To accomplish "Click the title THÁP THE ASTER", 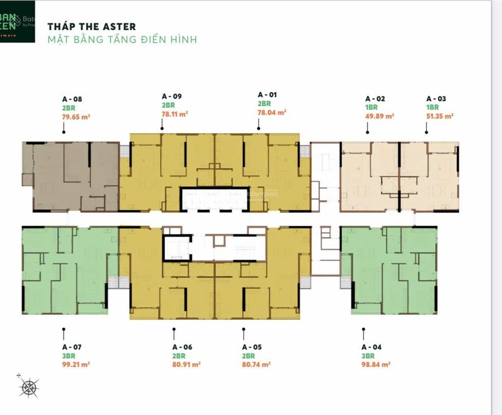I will click(92, 27).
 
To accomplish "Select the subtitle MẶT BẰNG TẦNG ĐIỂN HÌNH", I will click(122, 39).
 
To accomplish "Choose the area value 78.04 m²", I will click(272, 112).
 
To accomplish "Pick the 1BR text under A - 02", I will click(371, 107).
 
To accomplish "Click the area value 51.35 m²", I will click(440, 116).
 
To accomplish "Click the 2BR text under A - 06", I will click(178, 356).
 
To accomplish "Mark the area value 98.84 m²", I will click(376, 364).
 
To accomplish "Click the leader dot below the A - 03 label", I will click(427, 132).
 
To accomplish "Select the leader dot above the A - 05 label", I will click(243, 330).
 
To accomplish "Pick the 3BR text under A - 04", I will click(368, 356).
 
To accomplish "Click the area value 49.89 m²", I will click(380, 116).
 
